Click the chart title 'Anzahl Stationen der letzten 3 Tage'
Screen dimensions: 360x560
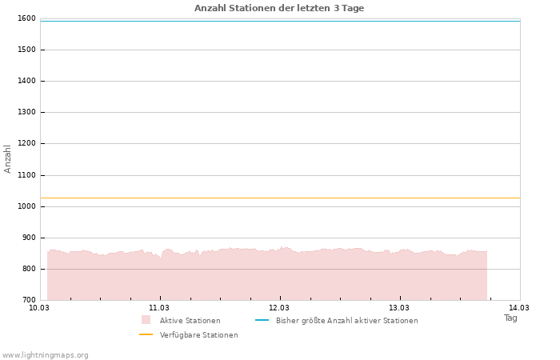tap(279, 8)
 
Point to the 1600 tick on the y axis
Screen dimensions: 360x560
tap(26, 18)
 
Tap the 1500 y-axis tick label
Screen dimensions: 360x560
tap(26, 50)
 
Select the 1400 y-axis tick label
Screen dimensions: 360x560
tap(26, 81)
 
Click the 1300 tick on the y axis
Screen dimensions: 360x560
tap(26, 112)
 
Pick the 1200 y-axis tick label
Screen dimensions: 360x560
tap(26, 143)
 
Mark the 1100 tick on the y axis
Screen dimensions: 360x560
tap(26, 175)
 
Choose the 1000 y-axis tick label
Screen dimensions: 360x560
tap(26, 206)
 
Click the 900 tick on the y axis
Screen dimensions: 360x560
tap(28, 238)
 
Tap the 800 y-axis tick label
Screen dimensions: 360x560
tap(28, 269)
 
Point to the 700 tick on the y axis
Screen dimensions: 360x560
tap(28, 300)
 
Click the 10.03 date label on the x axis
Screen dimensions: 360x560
tap(39, 307)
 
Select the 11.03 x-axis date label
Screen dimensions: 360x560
tap(159, 307)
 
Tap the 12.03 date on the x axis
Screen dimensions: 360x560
tap(279, 307)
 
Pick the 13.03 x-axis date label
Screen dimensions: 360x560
tap(399, 307)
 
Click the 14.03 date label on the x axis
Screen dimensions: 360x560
tap(519, 307)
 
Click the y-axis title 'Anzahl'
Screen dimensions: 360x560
tap(8, 158)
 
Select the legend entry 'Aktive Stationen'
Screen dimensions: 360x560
tap(190, 321)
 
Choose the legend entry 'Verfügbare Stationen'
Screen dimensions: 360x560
tap(198, 335)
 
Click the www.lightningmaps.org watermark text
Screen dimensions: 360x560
tap(46, 355)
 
